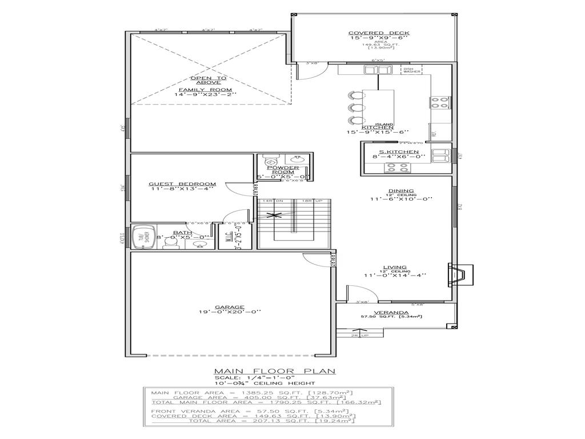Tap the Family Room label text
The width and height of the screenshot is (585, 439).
point(205,90)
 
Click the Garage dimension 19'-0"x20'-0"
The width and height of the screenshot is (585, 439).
point(230,312)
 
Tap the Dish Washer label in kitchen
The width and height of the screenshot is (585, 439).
point(412,70)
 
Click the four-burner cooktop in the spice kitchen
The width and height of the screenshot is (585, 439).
point(398,167)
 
